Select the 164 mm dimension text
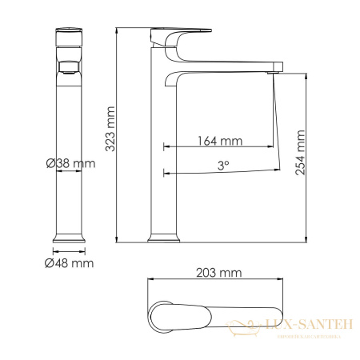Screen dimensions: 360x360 tap(220, 142)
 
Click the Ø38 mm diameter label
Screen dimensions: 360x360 tap(70, 164)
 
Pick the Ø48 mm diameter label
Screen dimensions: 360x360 tap(70, 262)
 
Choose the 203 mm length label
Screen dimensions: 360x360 tap(218, 273)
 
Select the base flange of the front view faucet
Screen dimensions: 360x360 tap(69, 237)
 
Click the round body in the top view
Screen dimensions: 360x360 tap(160, 315)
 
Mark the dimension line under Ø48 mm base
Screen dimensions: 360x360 tap(69, 250)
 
